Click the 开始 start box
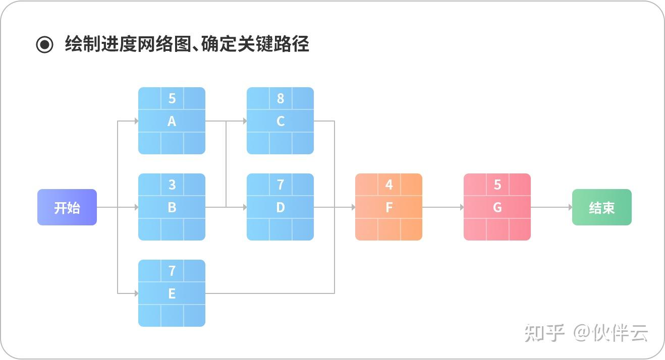pyautogui.click(x=67, y=207)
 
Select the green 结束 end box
pyautogui.click(x=601, y=207)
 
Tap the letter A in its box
pyautogui.click(x=172, y=122)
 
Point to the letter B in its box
pyautogui.click(x=172, y=207)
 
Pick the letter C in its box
pyautogui.click(x=281, y=122)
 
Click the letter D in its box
pyautogui.click(x=281, y=207)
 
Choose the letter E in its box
pyautogui.click(x=172, y=293)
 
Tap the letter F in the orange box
pyautogui.click(x=389, y=207)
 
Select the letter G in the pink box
pyautogui.click(x=497, y=207)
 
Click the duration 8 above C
pyautogui.click(x=281, y=98)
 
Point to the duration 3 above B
pyautogui.click(x=172, y=185)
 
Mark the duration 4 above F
pyautogui.click(x=389, y=185)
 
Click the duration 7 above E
pyautogui.click(x=172, y=271)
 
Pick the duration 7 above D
pyautogui.click(x=281, y=185)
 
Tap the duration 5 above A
pyautogui.click(x=172, y=98)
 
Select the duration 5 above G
pyautogui.click(x=497, y=185)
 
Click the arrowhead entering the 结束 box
pyautogui.click(x=570, y=207)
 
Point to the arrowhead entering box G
pyautogui.click(x=461, y=207)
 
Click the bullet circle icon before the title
pyautogui.click(x=44, y=45)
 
